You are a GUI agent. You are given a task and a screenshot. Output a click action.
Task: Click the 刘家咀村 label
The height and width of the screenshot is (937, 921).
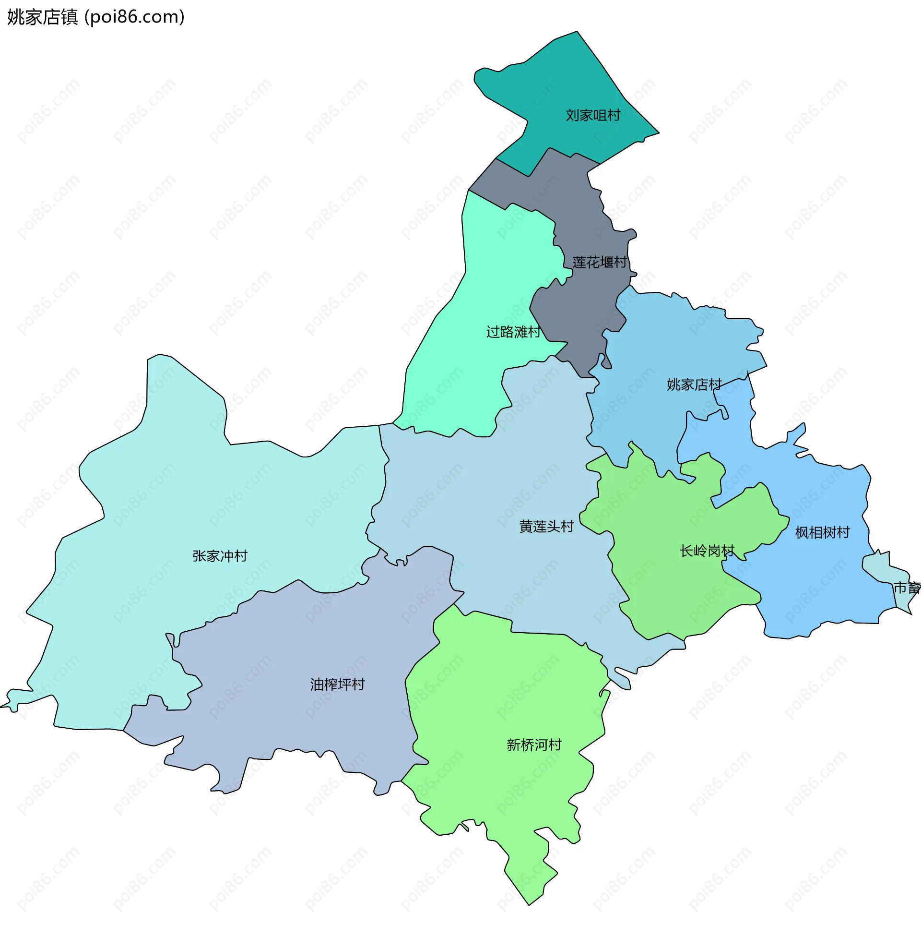coord(592,115)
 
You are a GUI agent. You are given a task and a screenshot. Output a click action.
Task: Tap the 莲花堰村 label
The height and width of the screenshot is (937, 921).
coord(599,262)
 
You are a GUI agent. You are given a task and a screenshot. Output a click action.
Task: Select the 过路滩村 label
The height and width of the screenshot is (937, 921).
coord(513,332)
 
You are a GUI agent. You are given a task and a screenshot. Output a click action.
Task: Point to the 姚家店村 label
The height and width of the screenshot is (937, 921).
coord(694,385)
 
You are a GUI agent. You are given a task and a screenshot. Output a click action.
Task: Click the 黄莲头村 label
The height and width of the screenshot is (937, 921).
coord(546,527)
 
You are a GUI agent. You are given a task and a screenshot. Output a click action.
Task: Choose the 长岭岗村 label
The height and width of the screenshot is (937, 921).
coord(707,551)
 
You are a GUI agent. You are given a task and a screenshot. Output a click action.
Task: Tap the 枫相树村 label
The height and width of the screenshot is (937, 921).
coord(822,533)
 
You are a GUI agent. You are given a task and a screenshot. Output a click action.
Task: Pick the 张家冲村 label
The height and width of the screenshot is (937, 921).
coord(220,556)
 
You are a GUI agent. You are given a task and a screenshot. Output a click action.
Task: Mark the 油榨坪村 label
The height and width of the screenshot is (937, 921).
coord(337,685)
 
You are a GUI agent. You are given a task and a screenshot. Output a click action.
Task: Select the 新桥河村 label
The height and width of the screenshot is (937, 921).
coord(533,745)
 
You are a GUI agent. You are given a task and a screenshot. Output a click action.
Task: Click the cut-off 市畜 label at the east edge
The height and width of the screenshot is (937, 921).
coord(907,588)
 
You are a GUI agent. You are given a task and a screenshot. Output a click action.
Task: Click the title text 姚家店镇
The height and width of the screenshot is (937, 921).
coord(43,17)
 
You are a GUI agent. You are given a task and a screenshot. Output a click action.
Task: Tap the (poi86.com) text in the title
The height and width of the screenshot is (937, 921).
coord(134,17)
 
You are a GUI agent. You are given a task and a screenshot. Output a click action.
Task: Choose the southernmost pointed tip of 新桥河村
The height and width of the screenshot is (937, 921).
coord(529,905)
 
